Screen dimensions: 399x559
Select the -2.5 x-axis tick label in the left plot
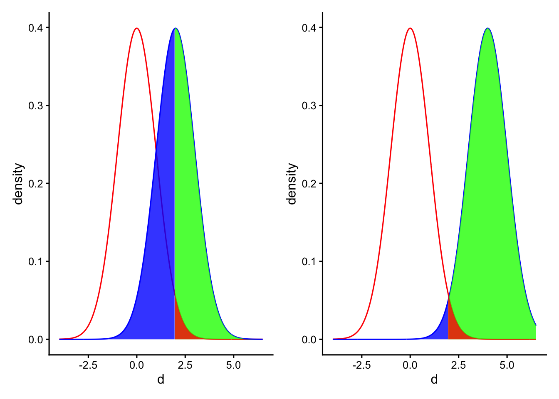coord(88,365)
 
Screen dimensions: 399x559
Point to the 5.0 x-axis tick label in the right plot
coord(507,365)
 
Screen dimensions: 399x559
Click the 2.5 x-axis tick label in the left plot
coord(185,365)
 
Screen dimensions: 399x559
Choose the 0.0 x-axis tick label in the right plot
coord(410,365)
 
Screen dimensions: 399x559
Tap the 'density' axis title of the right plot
coord(292,184)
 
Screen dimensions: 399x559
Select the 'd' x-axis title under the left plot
coord(161,379)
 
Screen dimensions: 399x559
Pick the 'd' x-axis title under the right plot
coord(434,379)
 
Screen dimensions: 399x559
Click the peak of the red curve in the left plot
coord(137,28)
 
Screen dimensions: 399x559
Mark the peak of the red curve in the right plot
coord(411,28)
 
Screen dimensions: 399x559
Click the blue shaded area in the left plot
coord(160,249)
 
